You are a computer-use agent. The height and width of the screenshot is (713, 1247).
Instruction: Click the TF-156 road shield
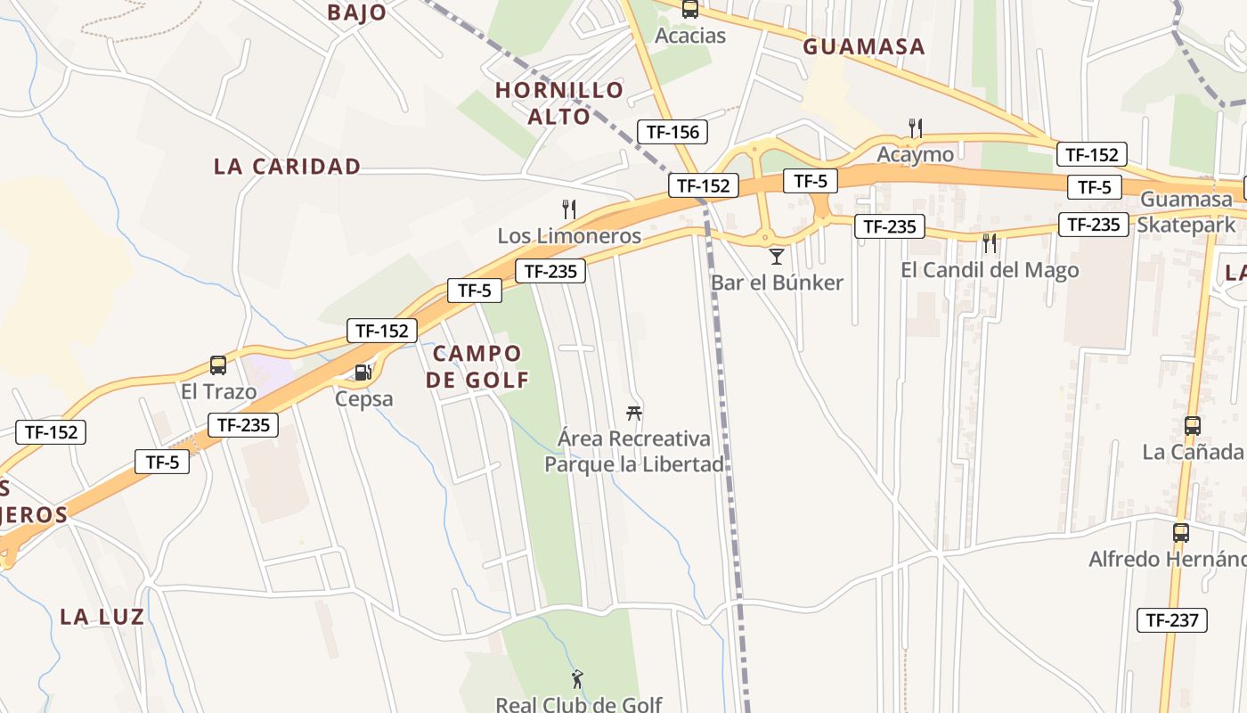click(x=672, y=132)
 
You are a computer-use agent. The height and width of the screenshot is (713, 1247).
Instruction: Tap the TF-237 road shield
click(x=1172, y=620)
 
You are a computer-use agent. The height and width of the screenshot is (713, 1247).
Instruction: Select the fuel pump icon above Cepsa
click(x=363, y=372)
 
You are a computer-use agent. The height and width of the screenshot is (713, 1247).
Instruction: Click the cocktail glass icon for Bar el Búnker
click(x=777, y=257)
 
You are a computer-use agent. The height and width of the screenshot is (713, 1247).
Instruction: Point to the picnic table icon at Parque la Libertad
click(x=634, y=413)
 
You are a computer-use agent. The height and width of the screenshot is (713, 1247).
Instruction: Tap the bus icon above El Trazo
click(x=218, y=365)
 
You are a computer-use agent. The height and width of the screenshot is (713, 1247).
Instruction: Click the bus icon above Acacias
click(x=690, y=10)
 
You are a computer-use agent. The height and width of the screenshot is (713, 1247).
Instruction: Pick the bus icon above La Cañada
click(x=1193, y=426)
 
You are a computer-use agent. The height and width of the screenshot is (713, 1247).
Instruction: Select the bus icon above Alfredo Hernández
click(x=1181, y=533)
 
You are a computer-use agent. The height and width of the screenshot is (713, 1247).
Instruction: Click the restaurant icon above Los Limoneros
click(x=569, y=209)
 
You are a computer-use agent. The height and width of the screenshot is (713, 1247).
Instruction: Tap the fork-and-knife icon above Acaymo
click(x=915, y=127)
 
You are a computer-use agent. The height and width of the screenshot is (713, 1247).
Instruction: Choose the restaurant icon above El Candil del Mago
click(x=990, y=242)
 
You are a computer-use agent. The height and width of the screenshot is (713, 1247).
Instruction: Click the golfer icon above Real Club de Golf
click(x=578, y=679)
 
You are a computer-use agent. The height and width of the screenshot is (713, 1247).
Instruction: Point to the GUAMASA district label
click(x=864, y=47)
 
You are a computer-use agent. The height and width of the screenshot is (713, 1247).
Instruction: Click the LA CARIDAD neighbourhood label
click(x=287, y=167)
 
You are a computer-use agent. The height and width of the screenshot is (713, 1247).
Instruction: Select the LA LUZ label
click(x=102, y=617)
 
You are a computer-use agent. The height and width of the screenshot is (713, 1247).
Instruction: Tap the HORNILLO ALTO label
click(x=559, y=103)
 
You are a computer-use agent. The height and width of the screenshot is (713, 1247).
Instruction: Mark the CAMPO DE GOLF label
click(x=477, y=366)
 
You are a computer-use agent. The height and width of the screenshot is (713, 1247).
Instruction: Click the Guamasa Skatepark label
click(x=1186, y=212)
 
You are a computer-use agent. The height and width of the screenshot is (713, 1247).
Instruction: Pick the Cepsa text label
click(x=363, y=398)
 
